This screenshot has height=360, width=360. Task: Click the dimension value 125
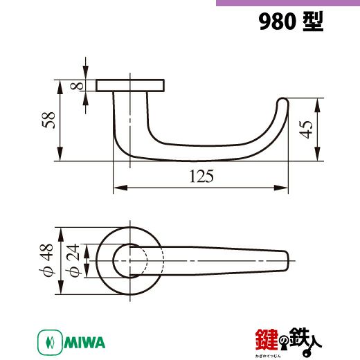point(201,177)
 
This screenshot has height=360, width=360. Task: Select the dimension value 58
point(48,120)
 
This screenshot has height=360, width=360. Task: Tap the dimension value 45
point(306,129)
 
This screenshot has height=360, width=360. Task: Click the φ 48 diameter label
point(46,260)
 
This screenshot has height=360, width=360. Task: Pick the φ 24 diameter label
point(73,260)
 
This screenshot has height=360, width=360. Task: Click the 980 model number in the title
point(277,21)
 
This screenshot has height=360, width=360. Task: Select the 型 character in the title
point(313,21)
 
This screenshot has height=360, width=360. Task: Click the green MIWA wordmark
point(84,343)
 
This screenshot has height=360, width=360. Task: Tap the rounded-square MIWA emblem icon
point(50,343)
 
